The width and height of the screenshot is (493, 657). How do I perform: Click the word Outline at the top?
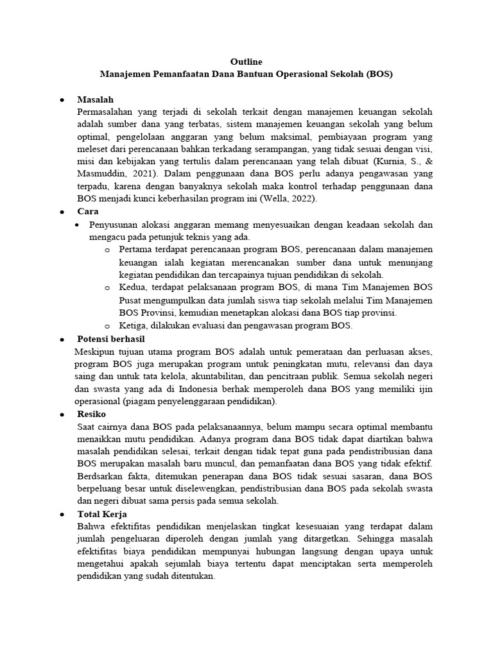[246, 62]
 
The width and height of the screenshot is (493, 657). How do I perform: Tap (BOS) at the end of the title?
[379, 74]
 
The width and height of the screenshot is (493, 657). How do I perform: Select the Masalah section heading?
[95, 99]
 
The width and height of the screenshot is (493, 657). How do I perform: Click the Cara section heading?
[87, 211]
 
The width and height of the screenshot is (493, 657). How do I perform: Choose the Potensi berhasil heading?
[111, 339]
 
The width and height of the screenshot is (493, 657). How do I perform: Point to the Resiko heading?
[92, 414]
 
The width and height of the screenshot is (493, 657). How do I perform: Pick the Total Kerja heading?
[102, 514]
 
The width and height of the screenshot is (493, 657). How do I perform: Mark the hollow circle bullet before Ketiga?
[107, 326]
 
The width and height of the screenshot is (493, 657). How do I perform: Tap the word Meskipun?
[96, 352]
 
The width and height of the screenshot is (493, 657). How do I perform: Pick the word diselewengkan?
[182, 488]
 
